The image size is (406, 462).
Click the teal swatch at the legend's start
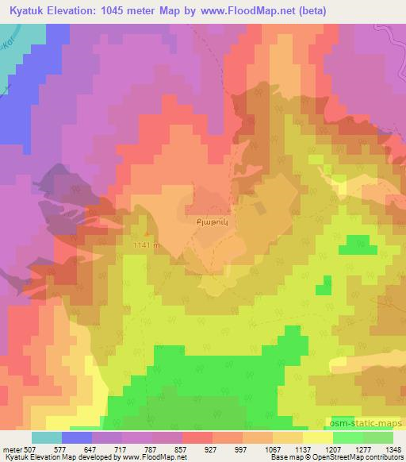47,437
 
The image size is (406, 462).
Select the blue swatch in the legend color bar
77,437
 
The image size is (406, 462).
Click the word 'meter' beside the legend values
11,449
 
